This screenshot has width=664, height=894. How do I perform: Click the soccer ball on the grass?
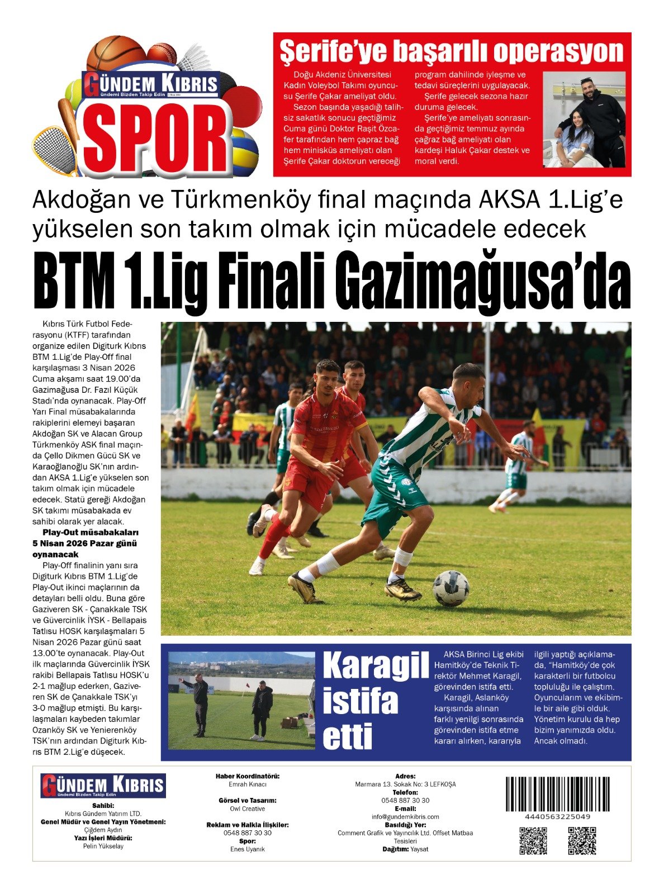450,588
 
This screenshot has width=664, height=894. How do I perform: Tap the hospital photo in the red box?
584,119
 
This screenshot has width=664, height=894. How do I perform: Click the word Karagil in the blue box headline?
376,665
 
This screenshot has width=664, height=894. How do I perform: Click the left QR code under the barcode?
533,840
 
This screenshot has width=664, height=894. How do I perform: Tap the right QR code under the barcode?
582,840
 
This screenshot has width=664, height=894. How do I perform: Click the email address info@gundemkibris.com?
405,816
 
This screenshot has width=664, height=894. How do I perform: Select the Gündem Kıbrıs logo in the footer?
103,786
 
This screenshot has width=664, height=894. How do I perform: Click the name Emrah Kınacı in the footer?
248,784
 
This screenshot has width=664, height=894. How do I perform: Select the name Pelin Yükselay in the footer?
103,846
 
